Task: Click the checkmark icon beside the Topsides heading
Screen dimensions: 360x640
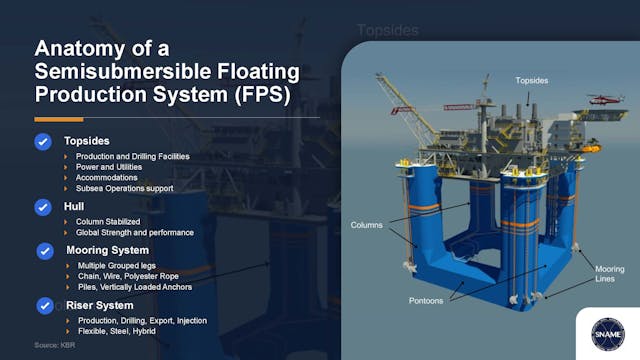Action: (43, 142)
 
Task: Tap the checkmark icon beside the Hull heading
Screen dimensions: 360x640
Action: (43, 207)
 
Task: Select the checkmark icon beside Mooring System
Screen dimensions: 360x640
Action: (45, 251)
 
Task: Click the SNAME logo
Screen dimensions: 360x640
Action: (604, 331)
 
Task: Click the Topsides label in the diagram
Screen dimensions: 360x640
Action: (531, 79)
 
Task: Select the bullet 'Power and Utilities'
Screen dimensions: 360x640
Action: (116, 167)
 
